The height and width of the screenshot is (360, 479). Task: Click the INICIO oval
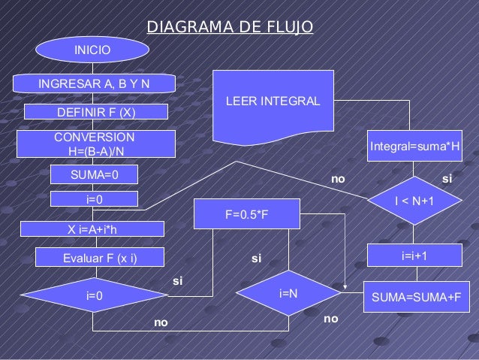(x=92, y=50)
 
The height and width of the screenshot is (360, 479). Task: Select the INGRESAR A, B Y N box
(x=95, y=83)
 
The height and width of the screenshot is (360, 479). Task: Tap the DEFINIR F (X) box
(x=96, y=112)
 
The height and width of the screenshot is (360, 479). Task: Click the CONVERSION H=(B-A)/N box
(x=96, y=144)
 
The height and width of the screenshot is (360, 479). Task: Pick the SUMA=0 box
(x=94, y=175)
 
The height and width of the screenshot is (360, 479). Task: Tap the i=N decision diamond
(x=288, y=292)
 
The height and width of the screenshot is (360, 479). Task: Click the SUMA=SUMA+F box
(x=412, y=297)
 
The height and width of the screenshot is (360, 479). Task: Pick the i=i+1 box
(x=414, y=256)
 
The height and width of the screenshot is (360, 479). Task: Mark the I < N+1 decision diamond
(x=414, y=201)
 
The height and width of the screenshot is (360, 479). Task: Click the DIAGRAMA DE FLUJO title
(x=230, y=28)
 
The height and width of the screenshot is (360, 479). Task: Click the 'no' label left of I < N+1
(x=339, y=180)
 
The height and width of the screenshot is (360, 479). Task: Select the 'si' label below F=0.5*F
(x=256, y=259)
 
